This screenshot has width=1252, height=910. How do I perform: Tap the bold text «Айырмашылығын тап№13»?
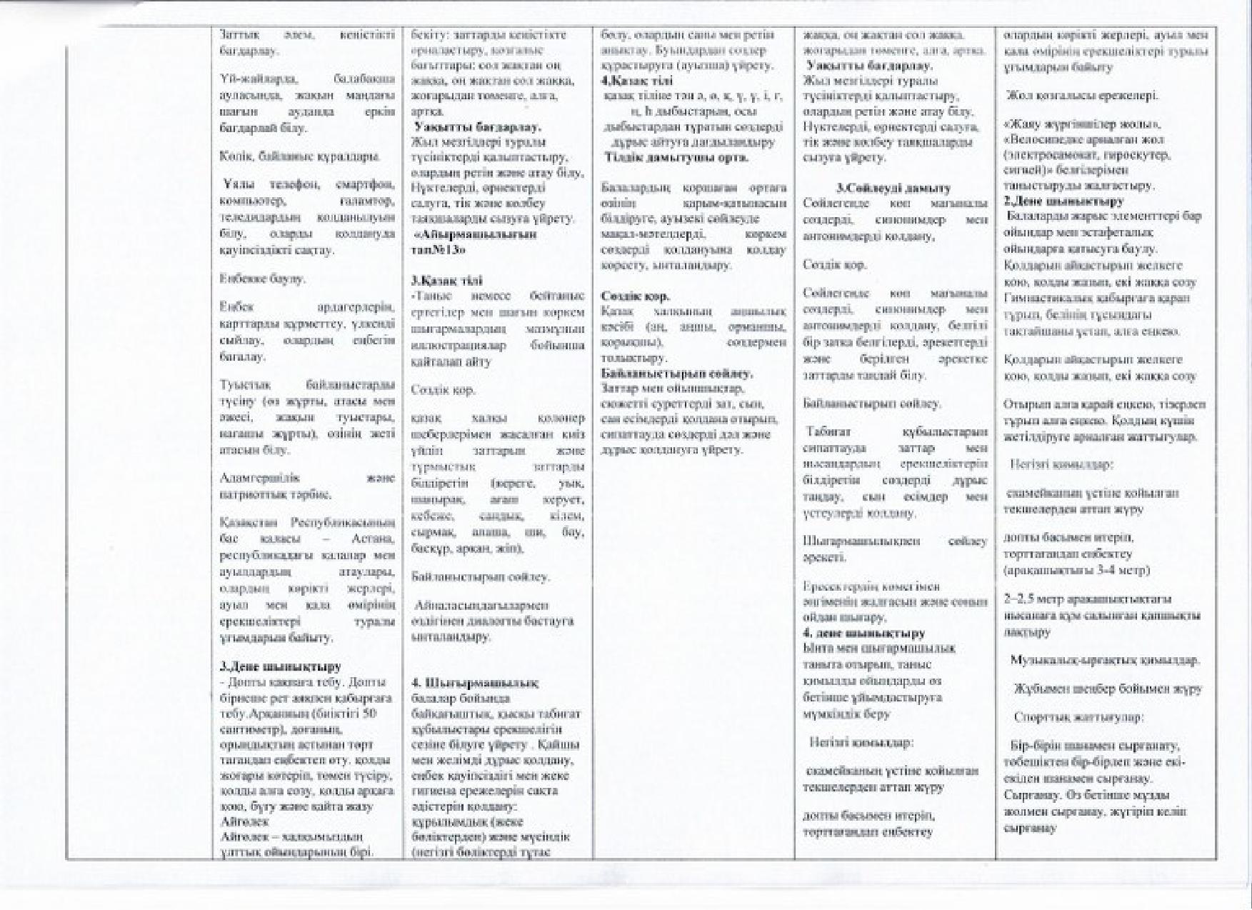(x=474, y=241)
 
